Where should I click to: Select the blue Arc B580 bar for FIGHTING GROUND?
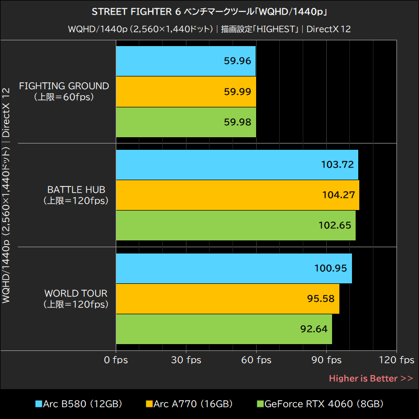(x=186, y=61)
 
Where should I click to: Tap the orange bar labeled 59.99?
(x=186, y=92)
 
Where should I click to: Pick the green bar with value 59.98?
(x=186, y=122)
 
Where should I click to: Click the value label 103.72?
(x=337, y=164)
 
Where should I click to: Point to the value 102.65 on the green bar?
(x=335, y=225)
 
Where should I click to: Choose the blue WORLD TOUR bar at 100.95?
(x=234, y=268)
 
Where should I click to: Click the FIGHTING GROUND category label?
(x=64, y=86)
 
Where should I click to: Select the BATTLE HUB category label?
(x=76, y=190)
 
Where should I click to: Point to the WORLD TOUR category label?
(x=76, y=293)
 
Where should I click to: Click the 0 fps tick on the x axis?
(x=116, y=360)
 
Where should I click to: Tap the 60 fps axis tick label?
(x=256, y=360)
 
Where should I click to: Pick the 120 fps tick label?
(x=396, y=360)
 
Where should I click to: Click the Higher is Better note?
(x=371, y=378)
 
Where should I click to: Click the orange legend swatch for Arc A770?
(x=149, y=404)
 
